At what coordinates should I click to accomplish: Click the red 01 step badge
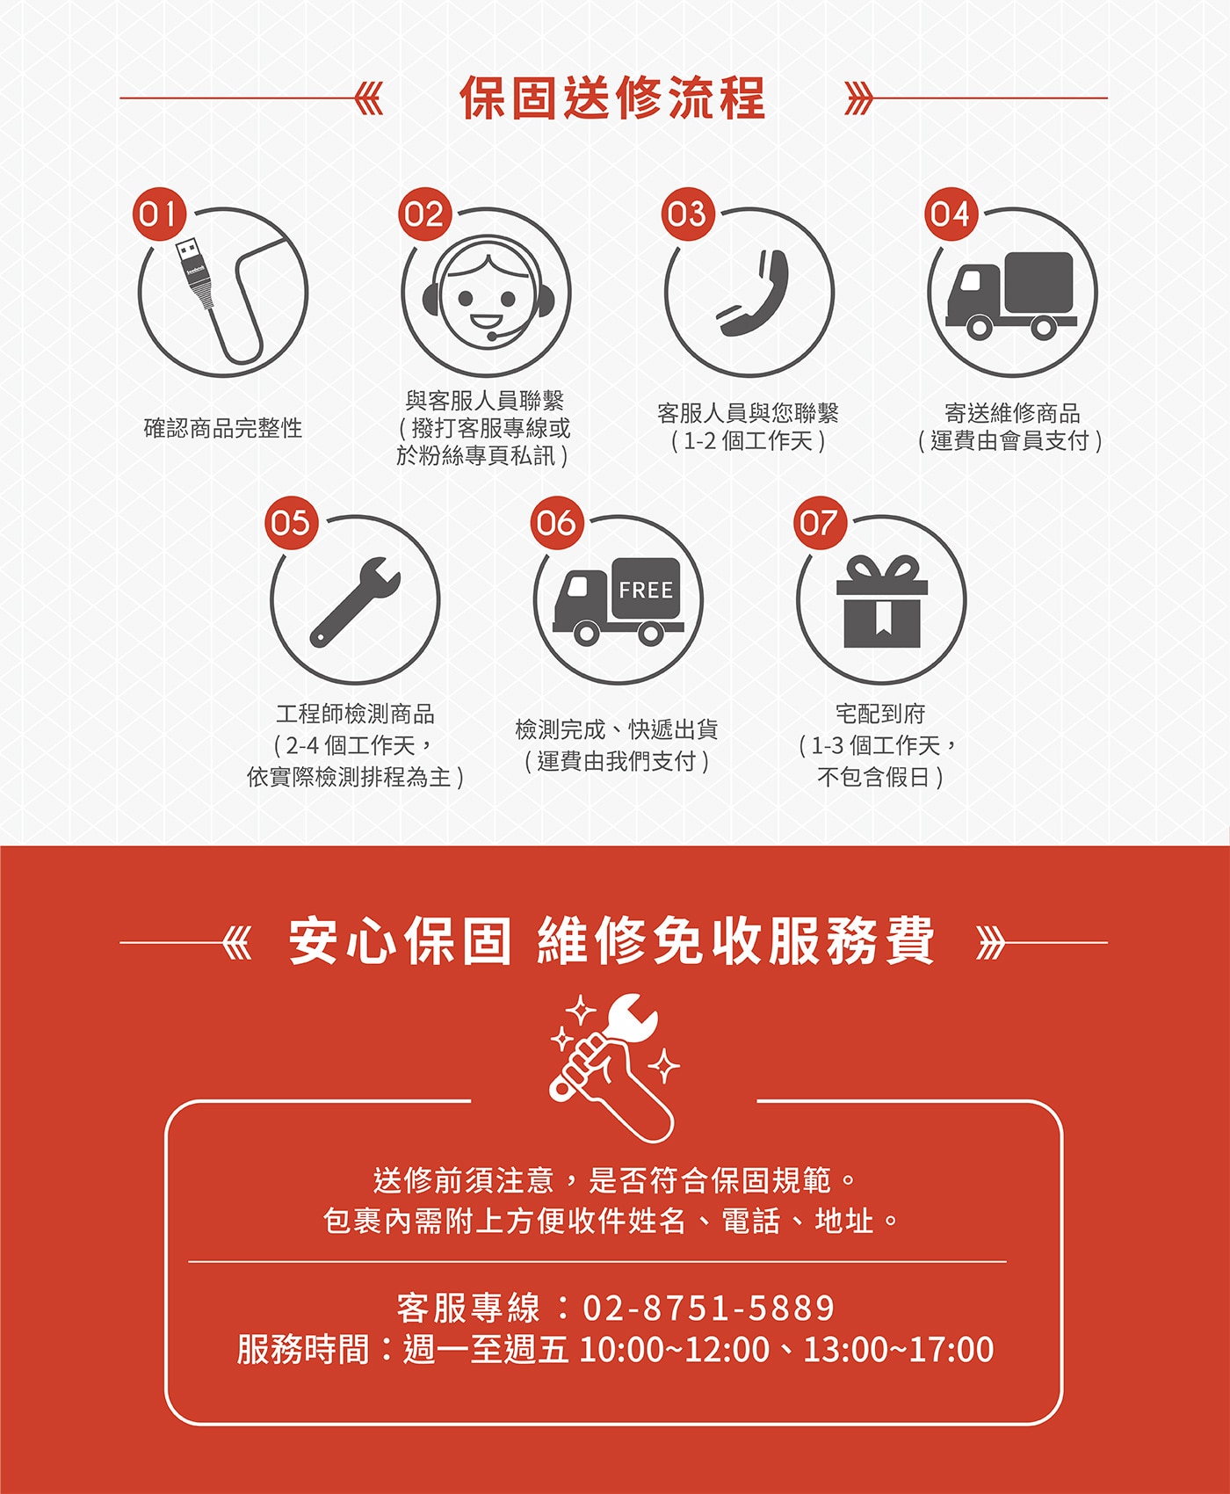click(159, 214)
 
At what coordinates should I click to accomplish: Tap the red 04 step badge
click(950, 214)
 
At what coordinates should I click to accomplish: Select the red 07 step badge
click(819, 523)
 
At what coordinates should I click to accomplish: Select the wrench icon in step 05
click(355, 602)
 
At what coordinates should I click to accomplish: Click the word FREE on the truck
click(646, 591)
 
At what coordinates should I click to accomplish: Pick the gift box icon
click(881, 602)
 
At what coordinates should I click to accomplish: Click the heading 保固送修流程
click(613, 98)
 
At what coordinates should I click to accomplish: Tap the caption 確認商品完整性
click(223, 428)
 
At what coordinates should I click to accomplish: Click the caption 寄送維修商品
click(1012, 413)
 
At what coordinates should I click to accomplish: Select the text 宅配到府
click(880, 714)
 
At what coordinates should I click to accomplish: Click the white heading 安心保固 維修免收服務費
click(612, 941)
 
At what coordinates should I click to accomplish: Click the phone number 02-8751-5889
click(708, 1308)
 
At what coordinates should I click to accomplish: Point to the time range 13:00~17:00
click(898, 1349)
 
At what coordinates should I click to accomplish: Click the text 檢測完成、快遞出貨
click(617, 729)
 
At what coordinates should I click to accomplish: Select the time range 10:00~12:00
click(675, 1349)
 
